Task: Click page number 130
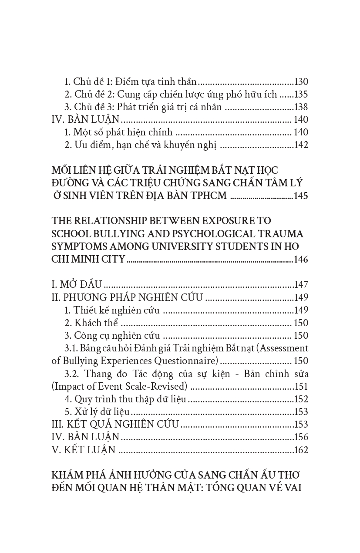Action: (301, 82)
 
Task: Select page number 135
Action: (301, 94)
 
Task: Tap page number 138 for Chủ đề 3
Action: (301, 107)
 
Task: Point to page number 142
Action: (301, 145)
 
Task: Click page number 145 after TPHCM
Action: (301, 196)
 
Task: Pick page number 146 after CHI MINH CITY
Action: (301, 260)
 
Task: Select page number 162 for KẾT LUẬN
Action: (301, 450)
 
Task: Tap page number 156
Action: (301, 437)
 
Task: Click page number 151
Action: (301, 386)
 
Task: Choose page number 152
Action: (301, 399)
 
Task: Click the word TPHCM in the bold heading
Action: (205, 196)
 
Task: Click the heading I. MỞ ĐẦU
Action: (77, 285)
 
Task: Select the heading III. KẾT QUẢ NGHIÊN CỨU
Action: (115, 425)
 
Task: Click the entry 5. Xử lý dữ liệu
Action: (98, 412)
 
